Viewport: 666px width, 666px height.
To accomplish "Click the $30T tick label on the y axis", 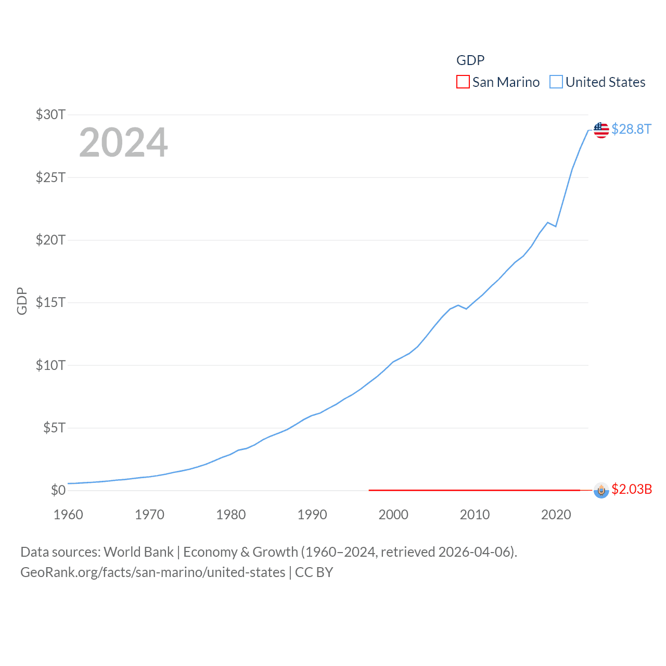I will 50,114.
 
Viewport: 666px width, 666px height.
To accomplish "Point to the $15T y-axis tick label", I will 50,302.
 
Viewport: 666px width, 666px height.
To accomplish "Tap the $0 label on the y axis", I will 58,490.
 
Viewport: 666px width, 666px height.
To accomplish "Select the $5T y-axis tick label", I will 54,428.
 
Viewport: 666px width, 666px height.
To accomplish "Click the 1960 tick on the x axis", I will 68,515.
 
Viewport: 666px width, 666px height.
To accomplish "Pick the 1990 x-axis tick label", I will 312,515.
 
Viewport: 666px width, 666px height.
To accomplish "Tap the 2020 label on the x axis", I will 556,515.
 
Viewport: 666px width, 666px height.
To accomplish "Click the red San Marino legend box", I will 463,82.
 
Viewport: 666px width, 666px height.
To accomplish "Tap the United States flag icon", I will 601,130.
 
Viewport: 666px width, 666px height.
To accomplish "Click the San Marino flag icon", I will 601,490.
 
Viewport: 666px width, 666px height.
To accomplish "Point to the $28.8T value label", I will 631,129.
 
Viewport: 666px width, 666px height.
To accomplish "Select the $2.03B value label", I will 632,489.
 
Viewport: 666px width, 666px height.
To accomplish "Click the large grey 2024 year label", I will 123,142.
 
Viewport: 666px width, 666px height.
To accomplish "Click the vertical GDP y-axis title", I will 22,301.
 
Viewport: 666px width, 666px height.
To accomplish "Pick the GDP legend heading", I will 470,60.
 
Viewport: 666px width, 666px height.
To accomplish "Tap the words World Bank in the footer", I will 138,552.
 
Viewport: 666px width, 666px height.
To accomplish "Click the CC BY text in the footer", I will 314,572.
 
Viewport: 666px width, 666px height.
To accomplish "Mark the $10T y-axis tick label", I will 50,365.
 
